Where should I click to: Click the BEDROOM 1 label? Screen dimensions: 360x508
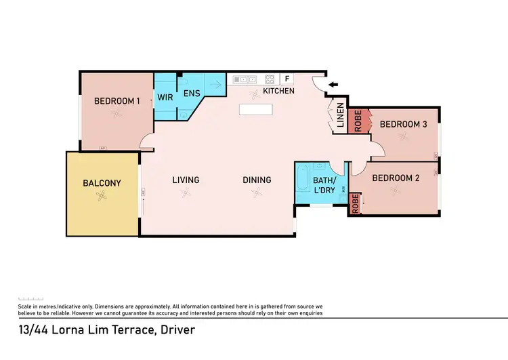tap(117, 101)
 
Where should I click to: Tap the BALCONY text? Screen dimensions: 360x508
tap(102, 183)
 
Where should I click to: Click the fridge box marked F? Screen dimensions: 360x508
tap(286, 79)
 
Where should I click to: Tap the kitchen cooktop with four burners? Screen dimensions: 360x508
tap(270, 79)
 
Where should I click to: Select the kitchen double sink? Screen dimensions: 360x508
tap(241, 79)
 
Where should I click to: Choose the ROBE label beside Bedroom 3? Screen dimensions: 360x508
tap(356, 120)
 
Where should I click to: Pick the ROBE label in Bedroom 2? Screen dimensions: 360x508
tap(355, 204)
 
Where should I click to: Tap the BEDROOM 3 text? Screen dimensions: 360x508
tap(403, 124)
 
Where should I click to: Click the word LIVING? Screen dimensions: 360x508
tap(186, 180)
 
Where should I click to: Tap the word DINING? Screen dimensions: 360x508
tap(257, 180)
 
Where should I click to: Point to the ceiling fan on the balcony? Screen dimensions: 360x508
tap(101, 197)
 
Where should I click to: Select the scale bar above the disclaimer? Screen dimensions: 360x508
tap(30, 299)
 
